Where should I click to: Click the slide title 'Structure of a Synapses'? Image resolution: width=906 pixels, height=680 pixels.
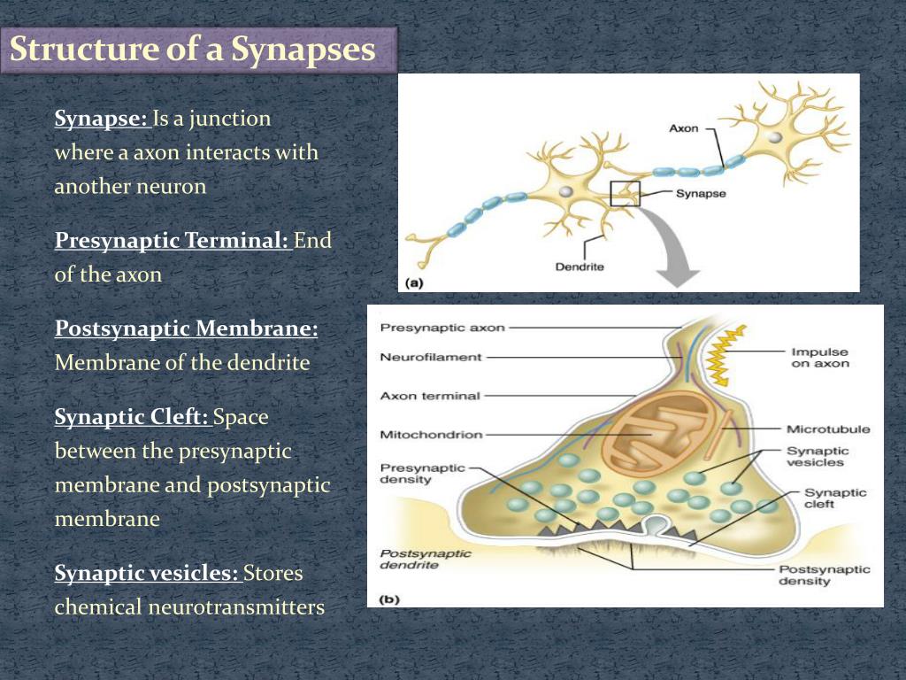click(193, 50)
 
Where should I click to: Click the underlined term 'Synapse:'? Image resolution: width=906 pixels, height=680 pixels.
click(101, 119)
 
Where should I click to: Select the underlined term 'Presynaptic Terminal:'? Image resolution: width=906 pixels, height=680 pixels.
click(173, 241)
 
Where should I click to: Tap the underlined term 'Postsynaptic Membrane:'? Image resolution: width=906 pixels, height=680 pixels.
click(186, 328)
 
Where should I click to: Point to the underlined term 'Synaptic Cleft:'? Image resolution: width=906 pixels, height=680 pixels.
click(131, 416)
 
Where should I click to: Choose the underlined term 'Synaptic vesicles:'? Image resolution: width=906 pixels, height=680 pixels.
click(147, 574)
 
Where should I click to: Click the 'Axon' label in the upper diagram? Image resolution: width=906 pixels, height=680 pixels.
click(683, 128)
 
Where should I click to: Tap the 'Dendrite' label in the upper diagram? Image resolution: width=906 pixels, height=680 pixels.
click(580, 266)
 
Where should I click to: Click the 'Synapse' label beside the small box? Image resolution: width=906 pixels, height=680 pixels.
click(701, 193)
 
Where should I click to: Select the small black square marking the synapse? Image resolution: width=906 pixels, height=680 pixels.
click(625, 192)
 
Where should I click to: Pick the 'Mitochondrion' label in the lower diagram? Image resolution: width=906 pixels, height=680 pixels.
click(431, 435)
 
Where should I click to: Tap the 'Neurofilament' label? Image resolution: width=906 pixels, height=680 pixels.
click(431, 358)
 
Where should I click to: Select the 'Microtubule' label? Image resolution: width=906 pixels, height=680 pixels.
click(828, 429)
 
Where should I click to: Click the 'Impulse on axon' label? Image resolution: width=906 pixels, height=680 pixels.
click(819, 358)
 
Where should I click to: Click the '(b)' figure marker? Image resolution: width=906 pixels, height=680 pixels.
click(389, 599)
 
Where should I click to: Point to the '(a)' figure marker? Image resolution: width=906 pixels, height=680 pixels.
click(414, 283)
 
